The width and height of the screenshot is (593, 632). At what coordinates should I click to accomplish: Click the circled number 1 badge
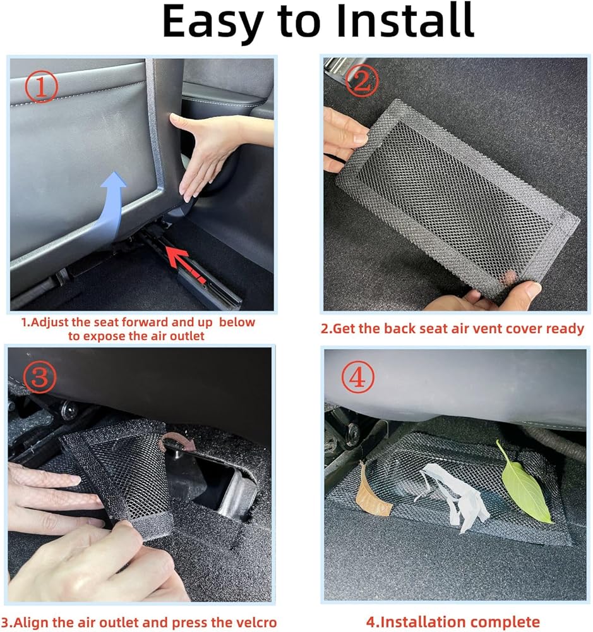pyautogui.click(x=42, y=86)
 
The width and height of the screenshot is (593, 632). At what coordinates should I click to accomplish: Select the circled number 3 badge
pyautogui.click(x=40, y=377)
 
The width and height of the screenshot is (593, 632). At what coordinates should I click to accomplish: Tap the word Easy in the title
pyautogui.click(x=213, y=22)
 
